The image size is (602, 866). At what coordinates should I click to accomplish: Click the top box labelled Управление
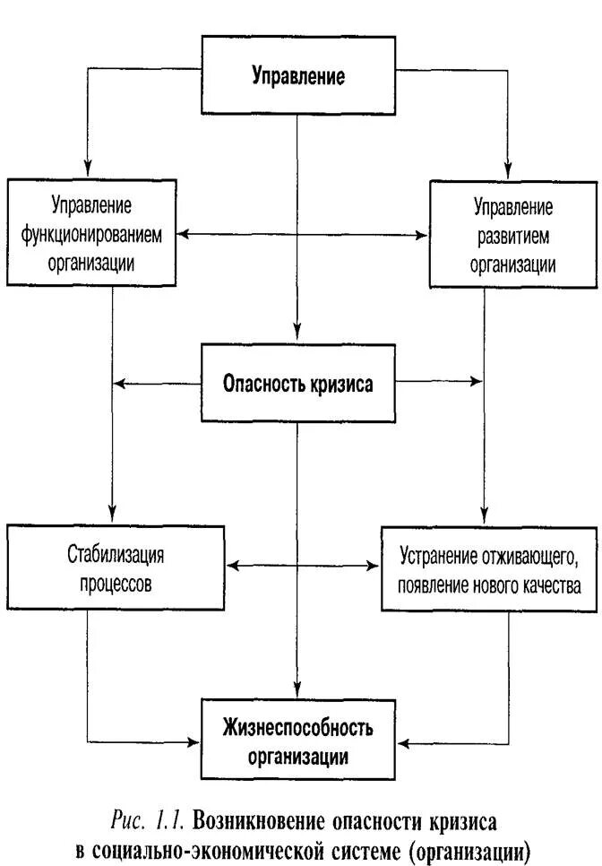pos(297,74)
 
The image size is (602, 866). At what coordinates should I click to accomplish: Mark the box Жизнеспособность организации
pos(297,740)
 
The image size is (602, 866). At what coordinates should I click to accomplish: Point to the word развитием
pos(513,236)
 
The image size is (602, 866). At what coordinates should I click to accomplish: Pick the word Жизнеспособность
pos(297,726)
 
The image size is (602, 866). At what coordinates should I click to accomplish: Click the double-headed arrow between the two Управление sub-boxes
pos(303,236)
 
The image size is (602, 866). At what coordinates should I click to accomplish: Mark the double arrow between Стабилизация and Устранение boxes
pos(303,566)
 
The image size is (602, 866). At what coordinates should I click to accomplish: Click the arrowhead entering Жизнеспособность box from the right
pos(401,742)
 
